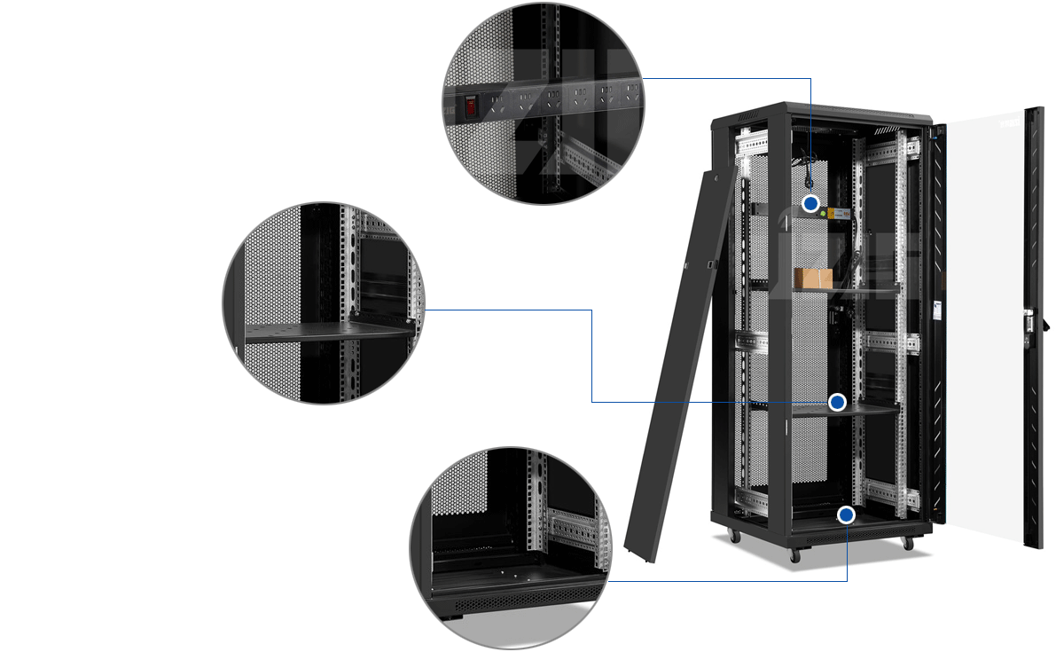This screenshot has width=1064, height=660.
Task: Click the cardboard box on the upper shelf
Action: point(813,279)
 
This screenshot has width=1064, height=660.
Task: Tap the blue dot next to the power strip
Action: point(810,204)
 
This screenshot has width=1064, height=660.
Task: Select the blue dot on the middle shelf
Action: point(837,403)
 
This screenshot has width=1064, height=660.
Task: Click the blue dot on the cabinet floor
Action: point(847,515)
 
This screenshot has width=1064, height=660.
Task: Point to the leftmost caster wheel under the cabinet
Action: point(733,536)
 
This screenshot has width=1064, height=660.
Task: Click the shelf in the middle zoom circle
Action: point(328,332)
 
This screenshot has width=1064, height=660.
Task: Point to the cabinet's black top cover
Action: point(825,112)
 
